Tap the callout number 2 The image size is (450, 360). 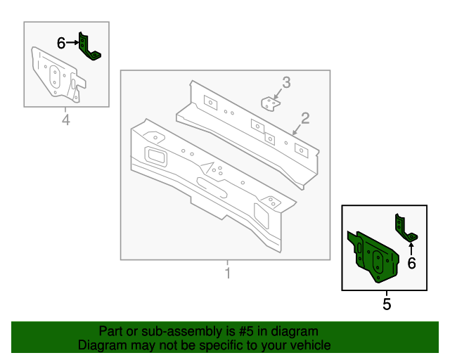pos(305,117)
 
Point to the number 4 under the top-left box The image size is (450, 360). pos(66,120)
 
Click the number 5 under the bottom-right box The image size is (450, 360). pos(386,304)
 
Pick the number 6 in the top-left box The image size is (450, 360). pos(61,44)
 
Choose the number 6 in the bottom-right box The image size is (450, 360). pos(411,263)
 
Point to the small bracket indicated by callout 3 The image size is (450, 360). pos(270,104)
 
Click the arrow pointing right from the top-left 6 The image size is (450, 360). pos(72,44)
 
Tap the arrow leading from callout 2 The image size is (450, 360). pos(298,127)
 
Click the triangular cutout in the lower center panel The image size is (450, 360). pos(208,168)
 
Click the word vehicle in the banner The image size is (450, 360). pos(310,345)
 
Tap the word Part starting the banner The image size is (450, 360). pos(111,331)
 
